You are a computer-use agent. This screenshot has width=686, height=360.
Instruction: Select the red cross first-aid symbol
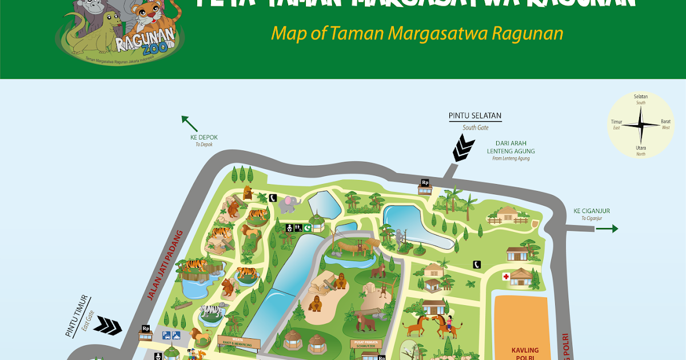506,277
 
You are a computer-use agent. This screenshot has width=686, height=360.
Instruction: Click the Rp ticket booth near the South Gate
425,183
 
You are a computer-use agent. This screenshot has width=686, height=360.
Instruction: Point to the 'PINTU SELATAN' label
474,116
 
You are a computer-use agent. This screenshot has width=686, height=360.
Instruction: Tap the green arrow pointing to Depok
189,123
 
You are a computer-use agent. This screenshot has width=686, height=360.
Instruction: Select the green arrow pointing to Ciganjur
607,229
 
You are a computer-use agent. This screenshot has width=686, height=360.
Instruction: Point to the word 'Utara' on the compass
641,147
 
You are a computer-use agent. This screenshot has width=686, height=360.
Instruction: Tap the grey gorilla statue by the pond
398,237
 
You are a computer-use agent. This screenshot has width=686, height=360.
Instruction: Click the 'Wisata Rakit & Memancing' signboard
238,343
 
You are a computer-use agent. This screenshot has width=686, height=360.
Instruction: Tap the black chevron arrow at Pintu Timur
107,326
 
